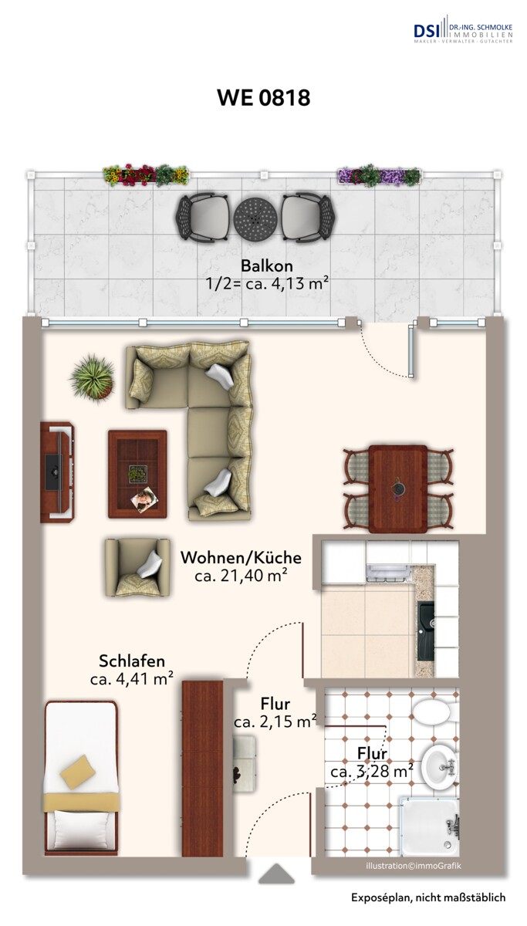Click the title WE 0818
(x=263, y=98)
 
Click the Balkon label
(x=266, y=265)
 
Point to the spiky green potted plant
(x=93, y=377)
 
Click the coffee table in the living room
(x=137, y=472)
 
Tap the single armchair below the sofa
(x=137, y=566)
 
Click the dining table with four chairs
(x=398, y=488)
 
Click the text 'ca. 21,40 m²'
(x=241, y=576)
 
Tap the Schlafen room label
(x=131, y=661)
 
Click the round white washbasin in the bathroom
(x=441, y=765)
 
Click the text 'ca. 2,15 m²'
(x=275, y=722)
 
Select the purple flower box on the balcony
(x=379, y=176)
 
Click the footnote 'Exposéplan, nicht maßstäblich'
(x=427, y=897)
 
